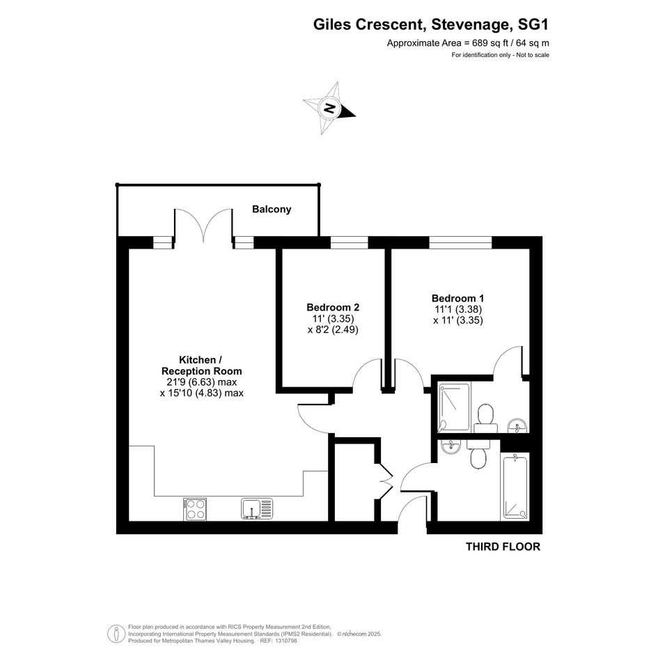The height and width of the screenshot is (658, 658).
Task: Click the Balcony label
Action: tap(272, 209)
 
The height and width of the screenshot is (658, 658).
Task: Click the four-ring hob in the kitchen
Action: tap(195, 509)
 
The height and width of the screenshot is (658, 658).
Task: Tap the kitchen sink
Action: tap(257, 508)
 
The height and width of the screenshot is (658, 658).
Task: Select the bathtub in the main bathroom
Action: tap(515, 487)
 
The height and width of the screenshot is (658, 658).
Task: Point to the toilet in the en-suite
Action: tap(486, 418)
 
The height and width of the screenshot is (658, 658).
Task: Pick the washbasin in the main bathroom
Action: tap(451, 446)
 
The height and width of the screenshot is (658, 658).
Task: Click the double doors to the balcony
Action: tap(203, 226)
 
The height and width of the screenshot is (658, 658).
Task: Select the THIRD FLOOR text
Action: tap(503, 547)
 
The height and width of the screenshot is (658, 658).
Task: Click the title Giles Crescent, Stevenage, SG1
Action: tap(430, 24)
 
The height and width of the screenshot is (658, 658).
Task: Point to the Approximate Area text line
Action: tap(468, 42)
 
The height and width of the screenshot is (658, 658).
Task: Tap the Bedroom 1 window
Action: tap(460, 242)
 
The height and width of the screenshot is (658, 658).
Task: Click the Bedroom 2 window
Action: tap(349, 242)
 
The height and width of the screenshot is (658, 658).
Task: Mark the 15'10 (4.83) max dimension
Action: tap(202, 393)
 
